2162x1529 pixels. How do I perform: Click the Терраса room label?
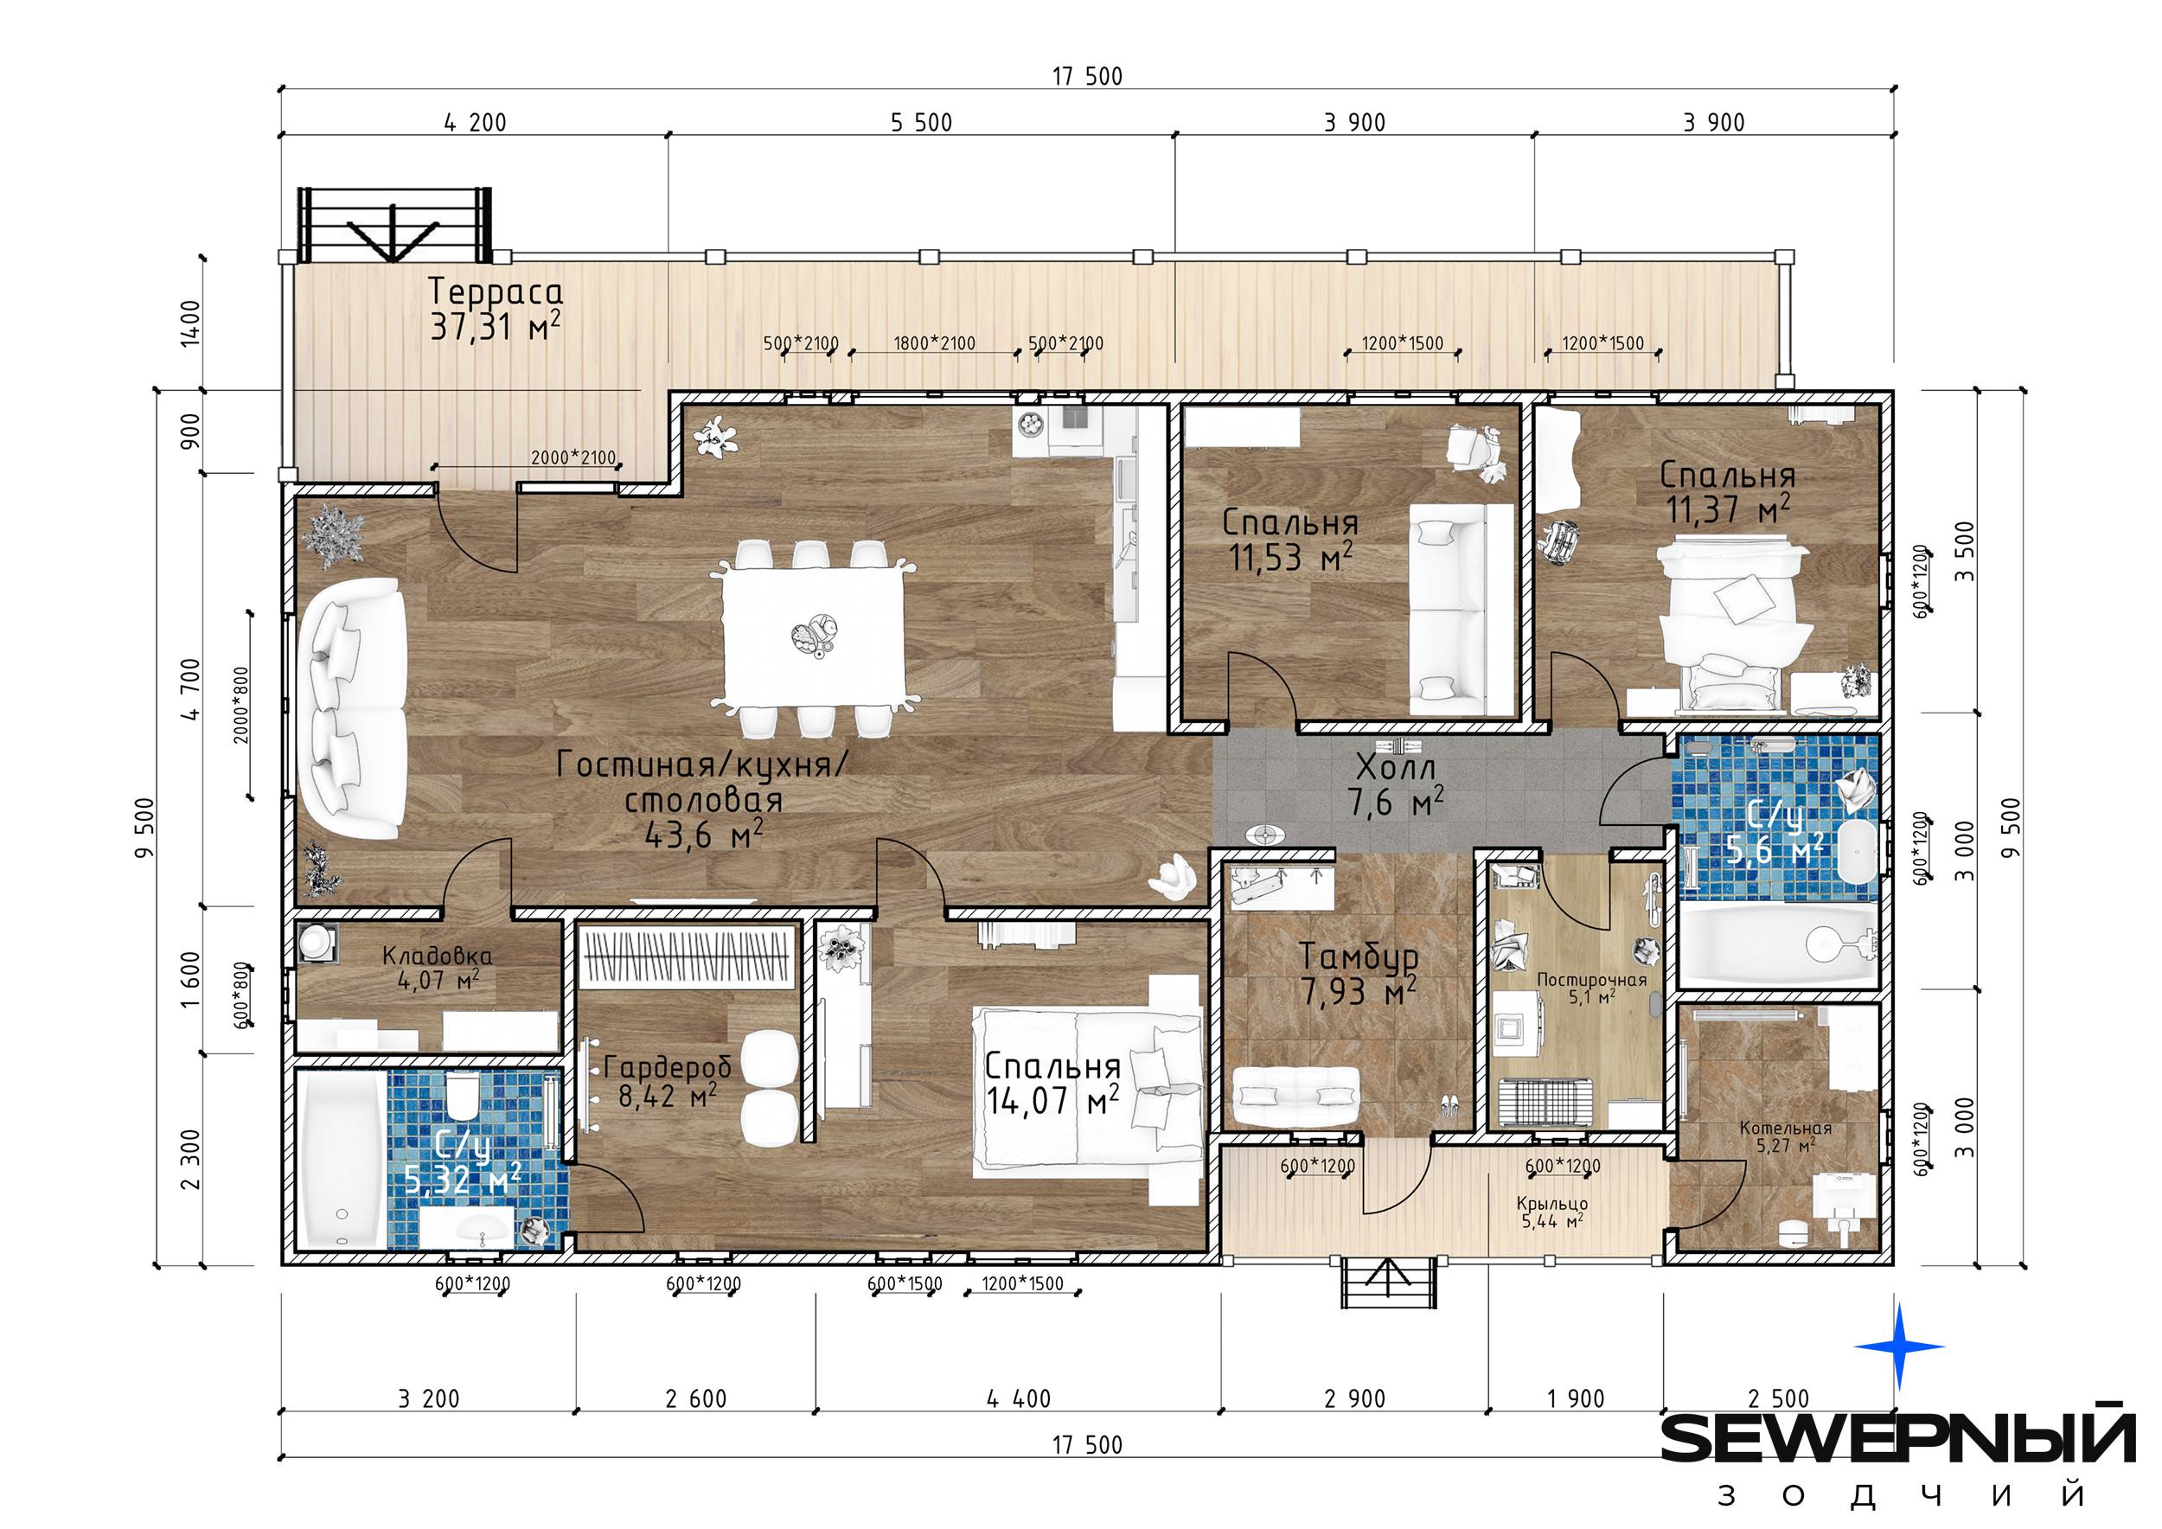point(496,309)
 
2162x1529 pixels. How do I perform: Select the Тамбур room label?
point(1359,974)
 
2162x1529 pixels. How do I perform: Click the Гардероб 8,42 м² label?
point(668,1081)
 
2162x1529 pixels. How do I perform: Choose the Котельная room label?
point(1785,1136)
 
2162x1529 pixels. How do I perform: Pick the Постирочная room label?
point(1591,988)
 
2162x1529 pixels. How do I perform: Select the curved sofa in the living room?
point(351,709)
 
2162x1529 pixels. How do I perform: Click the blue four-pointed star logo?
point(1898,1347)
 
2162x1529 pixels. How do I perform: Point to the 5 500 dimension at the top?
point(921,123)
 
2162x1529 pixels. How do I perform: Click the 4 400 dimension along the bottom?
point(1019,1399)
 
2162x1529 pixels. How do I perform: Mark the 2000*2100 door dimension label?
point(573,458)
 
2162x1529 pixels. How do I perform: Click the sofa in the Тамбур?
point(1295,1096)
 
